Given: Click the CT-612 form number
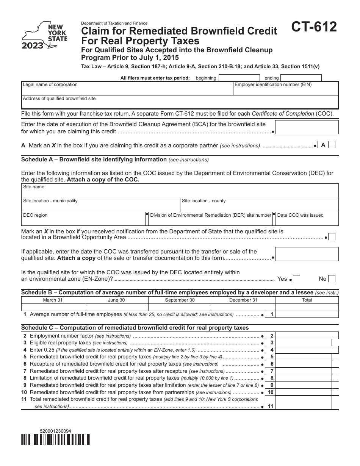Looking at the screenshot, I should point(314,27).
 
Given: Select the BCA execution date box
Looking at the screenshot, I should point(306,127).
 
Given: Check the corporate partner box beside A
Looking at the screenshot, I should point(332,145).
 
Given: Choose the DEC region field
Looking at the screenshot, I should point(83,218).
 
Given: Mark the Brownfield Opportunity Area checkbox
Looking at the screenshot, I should point(332,237).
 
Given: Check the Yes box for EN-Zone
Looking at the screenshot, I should point(297,279).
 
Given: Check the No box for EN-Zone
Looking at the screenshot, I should point(332,279).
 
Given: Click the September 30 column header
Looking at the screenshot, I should point(180,300).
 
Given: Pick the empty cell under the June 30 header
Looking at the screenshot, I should point(116,307).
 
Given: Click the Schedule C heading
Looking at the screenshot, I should point(135,328).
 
